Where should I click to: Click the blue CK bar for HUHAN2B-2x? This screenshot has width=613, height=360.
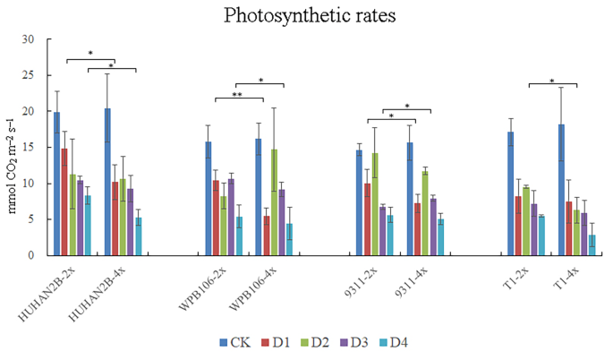[x=56, y=184]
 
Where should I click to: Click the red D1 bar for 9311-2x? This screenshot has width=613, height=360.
[x=367, y=219]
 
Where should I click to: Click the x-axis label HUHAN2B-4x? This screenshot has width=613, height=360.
[x=107, y=292]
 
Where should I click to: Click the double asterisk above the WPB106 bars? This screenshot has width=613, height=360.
[x=238, y=94]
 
